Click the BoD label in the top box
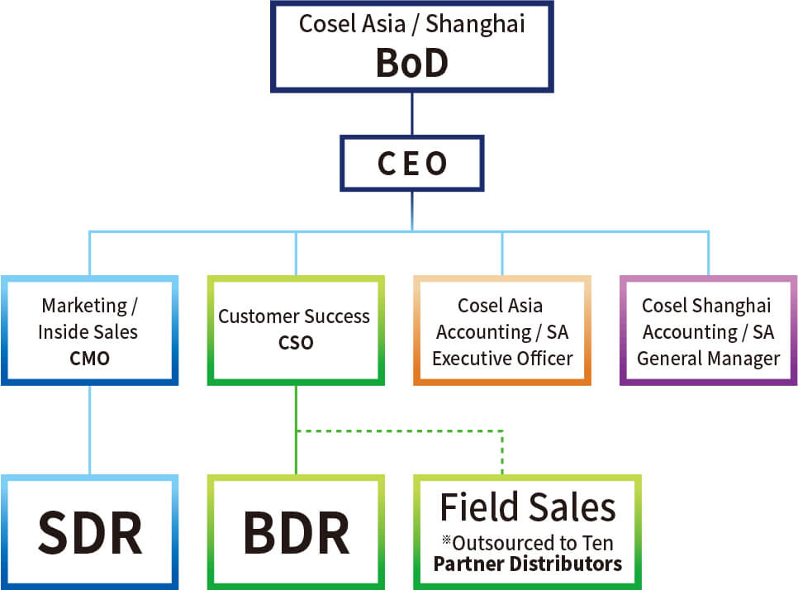point(411,63)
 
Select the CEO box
point(411,164)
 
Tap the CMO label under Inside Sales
point(88,359)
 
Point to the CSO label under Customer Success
point(295,342)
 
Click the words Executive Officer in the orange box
point(502,359)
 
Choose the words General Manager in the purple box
point(708,359)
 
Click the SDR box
point(89,533)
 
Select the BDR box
point(296,533)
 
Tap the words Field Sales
point(527,507)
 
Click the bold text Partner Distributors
point(527,564)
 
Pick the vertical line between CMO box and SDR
point(89,430)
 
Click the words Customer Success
point(294,316)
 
